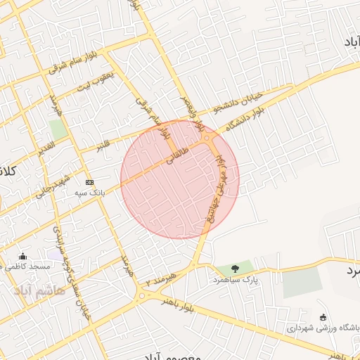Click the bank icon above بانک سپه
pyautogui.click(x=89, y=181)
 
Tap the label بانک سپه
pyautogui.click(x=89, y=191)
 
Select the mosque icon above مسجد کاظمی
pyautogui.click(x=24, y=257)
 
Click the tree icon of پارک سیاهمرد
pyautogui.click(x=234, y=267)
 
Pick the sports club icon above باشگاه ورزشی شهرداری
pyautogui.click(x=323, y=317)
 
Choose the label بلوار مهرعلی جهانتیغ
pyautogui.click(x=220, y=184)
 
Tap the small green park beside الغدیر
pyautogui.click(x=58, y=129)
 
